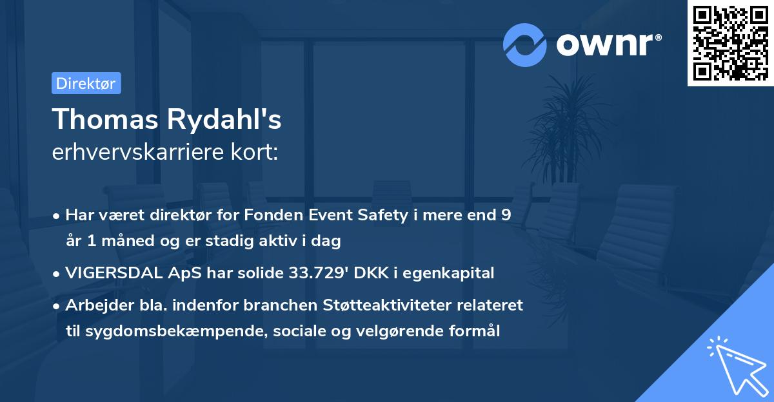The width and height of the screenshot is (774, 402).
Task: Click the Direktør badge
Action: click(x=86, y=84)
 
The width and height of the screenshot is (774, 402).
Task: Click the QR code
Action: click(x=731, y=43)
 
